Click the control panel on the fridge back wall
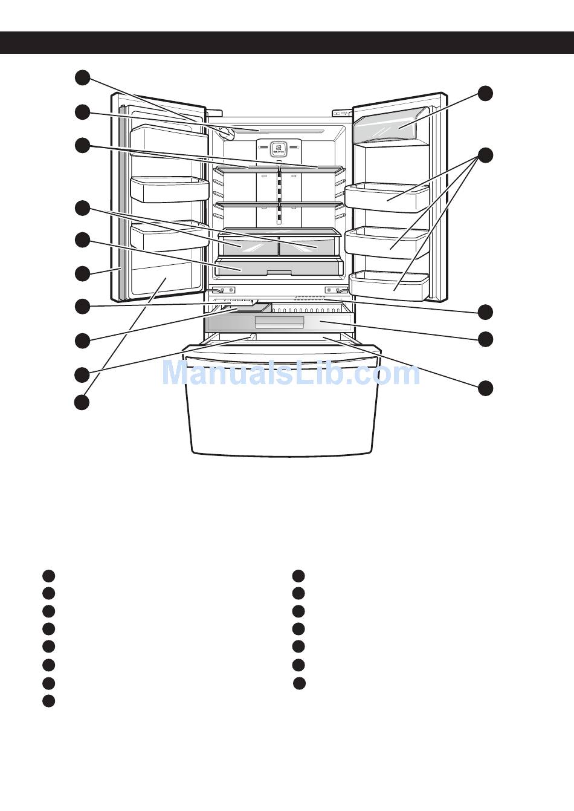(278, 148)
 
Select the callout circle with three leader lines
(485, 155)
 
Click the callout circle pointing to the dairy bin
(485, 93)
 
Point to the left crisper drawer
(248, 246)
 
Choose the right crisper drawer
(307, 246)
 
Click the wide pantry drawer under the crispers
(279, 267)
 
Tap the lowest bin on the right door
(389, 285)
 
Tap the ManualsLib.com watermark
(291, 373)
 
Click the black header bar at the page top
(287, 43)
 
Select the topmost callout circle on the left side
(82, 77)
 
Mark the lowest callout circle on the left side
(82, 402)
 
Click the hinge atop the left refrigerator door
(213, 112)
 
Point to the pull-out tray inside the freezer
(279, 322)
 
